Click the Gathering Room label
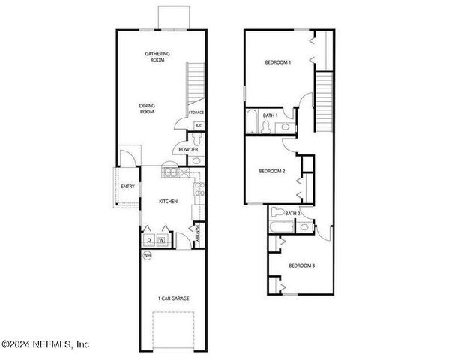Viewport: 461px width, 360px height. click(x=157, y=57)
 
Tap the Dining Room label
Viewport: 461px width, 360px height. click(x=147, y=108)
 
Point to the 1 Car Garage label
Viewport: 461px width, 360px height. click(x=173, y=298)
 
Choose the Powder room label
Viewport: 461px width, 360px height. click(x=188, y=150)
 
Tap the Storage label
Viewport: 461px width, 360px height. click(x=196, y=112)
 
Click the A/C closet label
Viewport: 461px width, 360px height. click(x=198, y=126)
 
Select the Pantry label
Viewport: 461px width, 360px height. click(x=197, y=234)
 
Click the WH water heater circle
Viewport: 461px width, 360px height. click(x=147, y=255)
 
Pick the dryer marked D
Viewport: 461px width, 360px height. click(x=148, y=240)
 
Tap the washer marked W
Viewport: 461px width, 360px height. click(x=161, y=240)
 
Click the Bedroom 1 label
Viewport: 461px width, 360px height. click(x=278, y=62)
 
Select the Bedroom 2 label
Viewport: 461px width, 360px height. click(x=272, y=171)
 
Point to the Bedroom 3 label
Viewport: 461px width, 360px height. click(x=301, y=265)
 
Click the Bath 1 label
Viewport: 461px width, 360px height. click(x=271, y=115)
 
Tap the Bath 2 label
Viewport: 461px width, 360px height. click(x=292, y=214)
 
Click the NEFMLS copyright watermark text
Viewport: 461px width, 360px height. click(x=46, y=345)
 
